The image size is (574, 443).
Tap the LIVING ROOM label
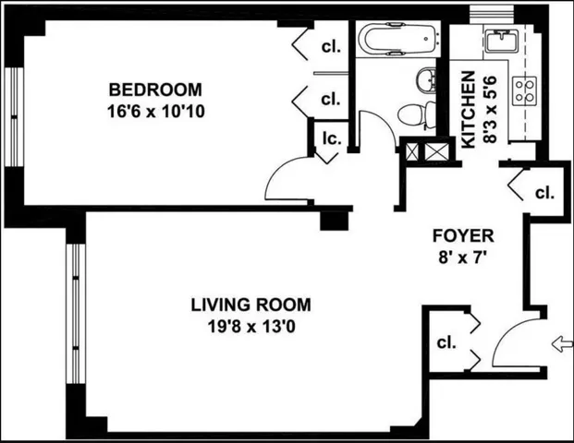coord(251,305)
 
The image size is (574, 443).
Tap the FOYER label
coord(469,235)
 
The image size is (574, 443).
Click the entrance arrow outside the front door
coord(560,344)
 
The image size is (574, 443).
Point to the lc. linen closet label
coord(331,140)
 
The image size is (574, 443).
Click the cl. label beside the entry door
coord(446,342)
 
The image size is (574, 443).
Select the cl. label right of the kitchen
coord(544,194)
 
